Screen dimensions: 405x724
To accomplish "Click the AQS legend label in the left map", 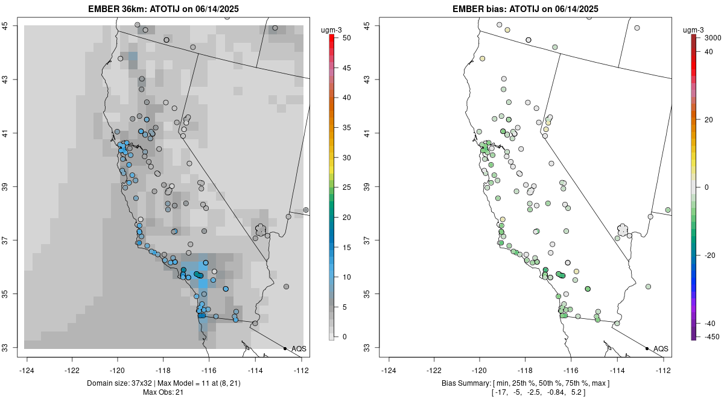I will coord(299,349).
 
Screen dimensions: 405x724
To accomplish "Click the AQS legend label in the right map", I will coord(661,349).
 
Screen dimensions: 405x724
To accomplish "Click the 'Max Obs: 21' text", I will coord(163,393).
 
